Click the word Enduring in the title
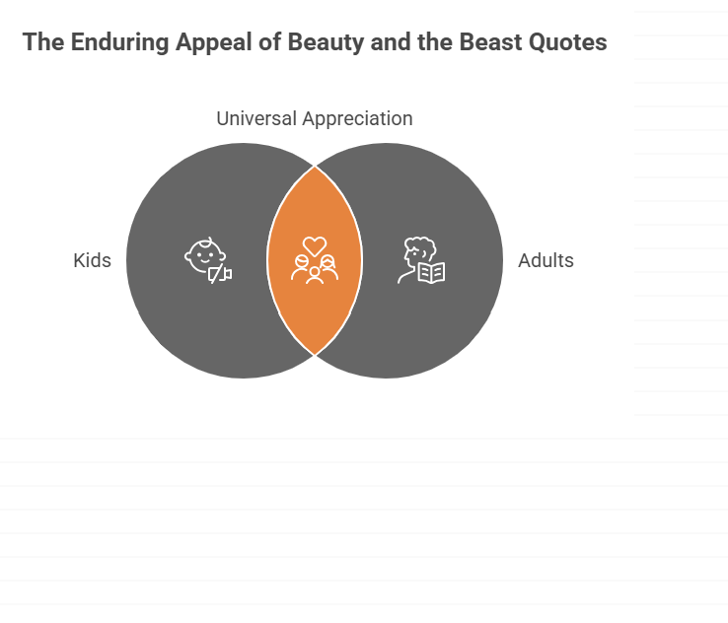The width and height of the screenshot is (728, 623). pyautogui.click(x=119, y=42)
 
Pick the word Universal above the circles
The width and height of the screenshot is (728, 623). pyautogui.click(x=256, y=118)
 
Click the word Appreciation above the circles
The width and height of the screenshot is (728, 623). pyautogui.click(x=357, y=119)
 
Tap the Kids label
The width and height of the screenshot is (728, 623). pyautogui.click(x=93, y=260)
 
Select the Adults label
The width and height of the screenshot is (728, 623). pyautogui.click(x=546, y=260)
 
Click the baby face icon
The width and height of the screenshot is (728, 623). pyautogui.click(x=204, y=256)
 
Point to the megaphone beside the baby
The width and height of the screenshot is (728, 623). pyautogui.click(x=221, y=274)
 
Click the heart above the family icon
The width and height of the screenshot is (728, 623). pyautogui.click(x=315, y=245)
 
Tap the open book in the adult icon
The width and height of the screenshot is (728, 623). pyautogui.click(x=432, y=273)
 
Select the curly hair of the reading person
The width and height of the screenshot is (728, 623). pyautogui.click(x=421, y=246)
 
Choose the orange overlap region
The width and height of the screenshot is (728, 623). pyautogui.click(x=315, y=260)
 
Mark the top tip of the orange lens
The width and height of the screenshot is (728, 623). pyautogui.click(x=315, y=166)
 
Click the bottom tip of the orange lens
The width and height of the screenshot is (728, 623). pyautogui.click(x=315, y=355)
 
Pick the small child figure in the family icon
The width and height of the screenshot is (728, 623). pyautogui.click(x=315, y=276)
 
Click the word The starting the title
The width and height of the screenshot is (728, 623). pyautogui.click(x=43, y=42)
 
